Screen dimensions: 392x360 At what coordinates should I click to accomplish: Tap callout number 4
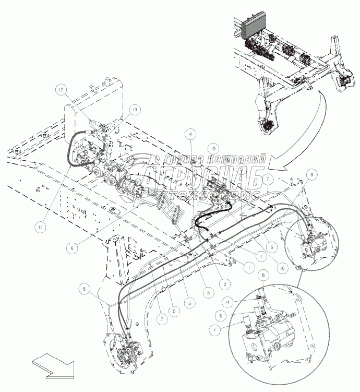(192, 134)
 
